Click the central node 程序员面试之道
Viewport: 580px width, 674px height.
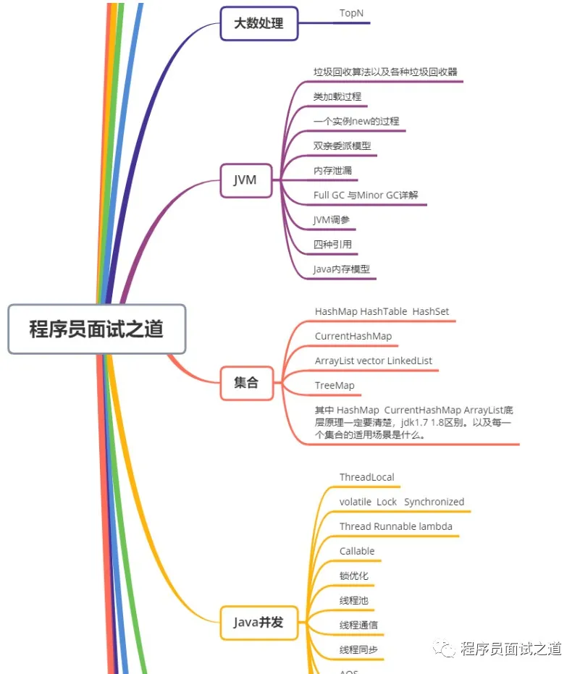[96, 329]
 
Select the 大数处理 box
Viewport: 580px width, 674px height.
[259, 23]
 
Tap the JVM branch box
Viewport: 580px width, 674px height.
[245, 180]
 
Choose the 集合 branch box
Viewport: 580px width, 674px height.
[246, 382]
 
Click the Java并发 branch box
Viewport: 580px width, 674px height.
[259, 622]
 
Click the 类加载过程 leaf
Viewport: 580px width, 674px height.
[337, 96]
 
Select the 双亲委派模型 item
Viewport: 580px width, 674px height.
[342, 146]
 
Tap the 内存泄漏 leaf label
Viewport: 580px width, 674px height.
[332, 170]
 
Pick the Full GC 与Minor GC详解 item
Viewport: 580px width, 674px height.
[366, 195]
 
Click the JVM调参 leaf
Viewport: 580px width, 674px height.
[332, 219]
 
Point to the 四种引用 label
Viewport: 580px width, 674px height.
[332, 244]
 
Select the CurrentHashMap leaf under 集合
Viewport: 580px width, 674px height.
[353, 336]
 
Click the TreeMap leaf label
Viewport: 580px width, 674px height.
[335, 385]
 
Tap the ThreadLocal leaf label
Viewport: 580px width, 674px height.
[366, 477]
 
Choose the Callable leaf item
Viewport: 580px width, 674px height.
[357, 551]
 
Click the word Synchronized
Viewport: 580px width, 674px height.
[434, 502]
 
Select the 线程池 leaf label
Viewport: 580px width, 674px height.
[354, 600]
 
